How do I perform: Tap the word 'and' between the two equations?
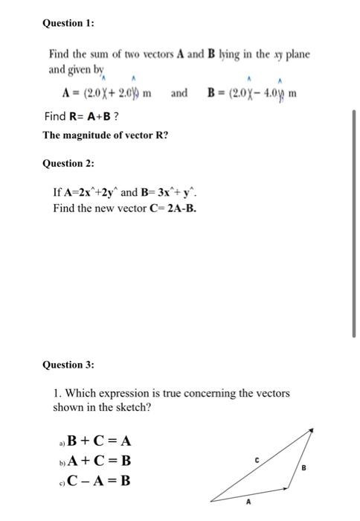tap(179, 94)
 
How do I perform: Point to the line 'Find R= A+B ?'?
tap(77, 117)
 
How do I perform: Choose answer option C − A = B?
tap(100, 480)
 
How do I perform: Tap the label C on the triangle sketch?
tap(257, 461)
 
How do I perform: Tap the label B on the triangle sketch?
tap(303, 467)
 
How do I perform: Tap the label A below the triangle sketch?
tap(248, 502)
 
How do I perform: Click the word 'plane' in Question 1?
tap(295, 55)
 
